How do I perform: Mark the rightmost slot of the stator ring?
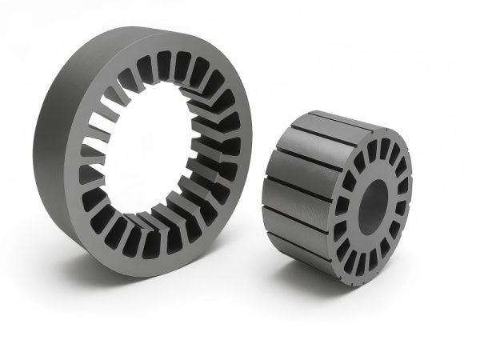tap(232, 148)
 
